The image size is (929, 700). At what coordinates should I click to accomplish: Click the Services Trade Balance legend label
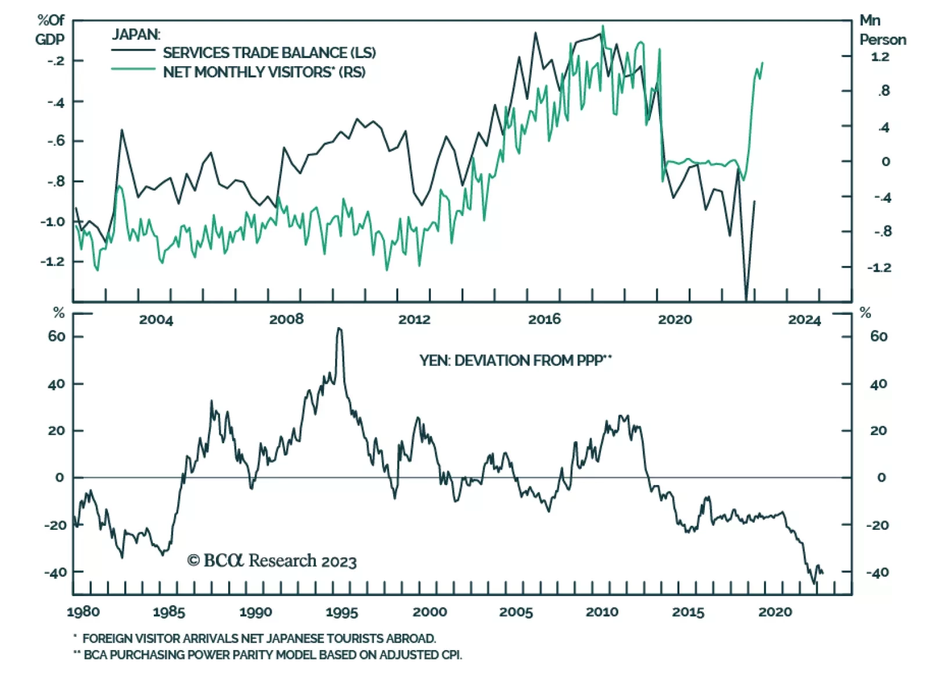269,53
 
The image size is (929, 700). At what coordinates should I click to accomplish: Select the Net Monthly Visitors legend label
264,72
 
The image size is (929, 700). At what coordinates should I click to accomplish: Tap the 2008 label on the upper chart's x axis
286,319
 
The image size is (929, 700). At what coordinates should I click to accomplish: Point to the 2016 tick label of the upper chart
544,319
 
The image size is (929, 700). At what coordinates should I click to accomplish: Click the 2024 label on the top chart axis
804,320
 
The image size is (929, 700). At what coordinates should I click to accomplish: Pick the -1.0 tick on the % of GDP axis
52,222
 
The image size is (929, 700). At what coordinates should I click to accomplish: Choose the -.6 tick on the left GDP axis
56,141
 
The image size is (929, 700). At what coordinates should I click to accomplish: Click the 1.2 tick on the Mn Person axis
880,57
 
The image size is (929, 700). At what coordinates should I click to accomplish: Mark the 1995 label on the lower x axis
341,612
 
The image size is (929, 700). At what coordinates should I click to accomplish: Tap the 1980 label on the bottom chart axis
83,612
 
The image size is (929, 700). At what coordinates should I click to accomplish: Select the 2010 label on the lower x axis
602,612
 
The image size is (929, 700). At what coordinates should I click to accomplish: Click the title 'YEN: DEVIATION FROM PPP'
516,361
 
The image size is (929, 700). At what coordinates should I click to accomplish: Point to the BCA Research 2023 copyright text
272,561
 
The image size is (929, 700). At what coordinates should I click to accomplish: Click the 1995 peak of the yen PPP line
340,329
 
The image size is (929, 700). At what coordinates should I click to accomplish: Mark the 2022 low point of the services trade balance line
746,298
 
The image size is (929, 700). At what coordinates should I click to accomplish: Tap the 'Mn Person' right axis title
882,30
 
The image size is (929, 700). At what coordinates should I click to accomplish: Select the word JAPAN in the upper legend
136,35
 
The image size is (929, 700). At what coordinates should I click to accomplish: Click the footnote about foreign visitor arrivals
258,638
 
